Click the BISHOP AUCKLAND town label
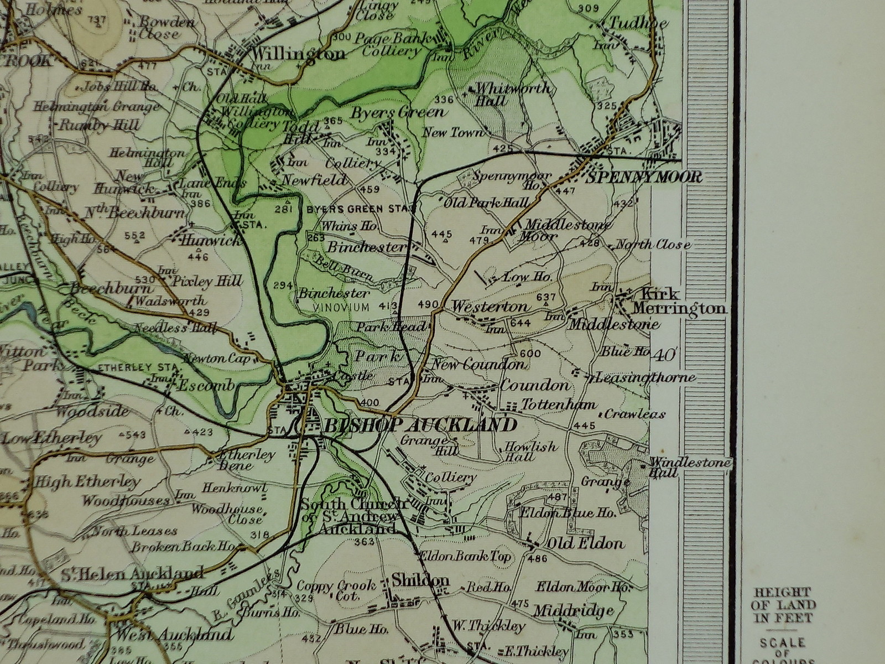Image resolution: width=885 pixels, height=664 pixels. point(419,426)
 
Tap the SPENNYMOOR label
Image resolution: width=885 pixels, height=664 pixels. point(643,177)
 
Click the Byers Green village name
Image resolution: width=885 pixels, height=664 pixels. point(398,112)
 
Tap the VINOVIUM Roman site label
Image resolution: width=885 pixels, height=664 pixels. point(340,307)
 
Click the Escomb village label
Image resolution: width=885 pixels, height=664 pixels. point(206,386)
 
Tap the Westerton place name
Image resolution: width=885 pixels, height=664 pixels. point(490,306)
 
